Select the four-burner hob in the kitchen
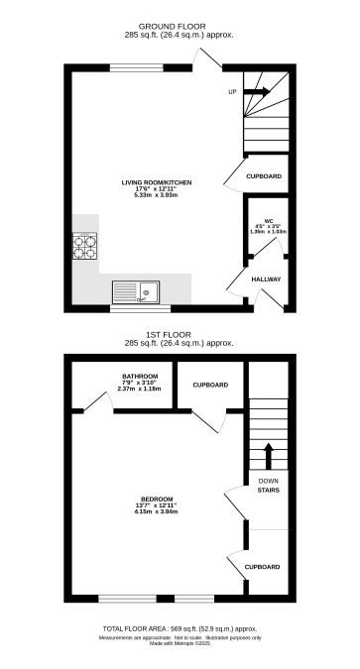[84, 245]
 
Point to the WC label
[268, 221]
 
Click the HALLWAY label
[266, 279]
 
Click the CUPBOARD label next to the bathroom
[210, 411]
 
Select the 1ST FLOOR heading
[180, 335]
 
